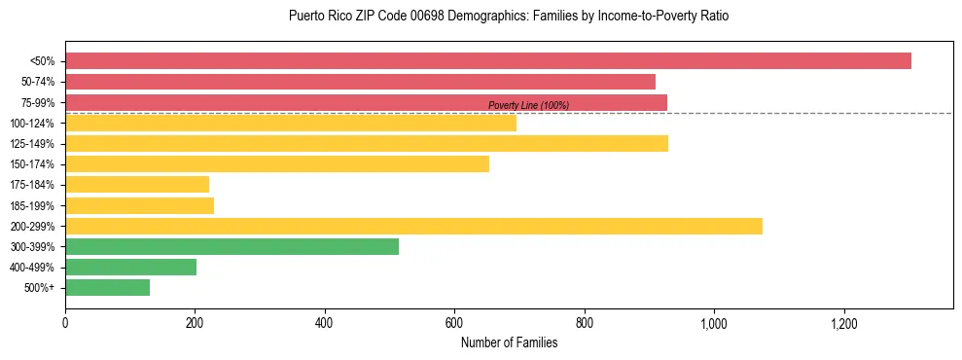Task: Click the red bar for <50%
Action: point(488,61)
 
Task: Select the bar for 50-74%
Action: point(360,82)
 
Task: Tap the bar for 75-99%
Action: point(366,102)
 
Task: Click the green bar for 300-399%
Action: point(232,247)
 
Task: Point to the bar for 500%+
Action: point(107,288)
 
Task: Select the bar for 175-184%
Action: point(137,185)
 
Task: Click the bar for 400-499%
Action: point(130,268)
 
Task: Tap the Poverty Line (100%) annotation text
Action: point(528,105)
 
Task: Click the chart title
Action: point(509,17)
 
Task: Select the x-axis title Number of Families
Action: point(509,342)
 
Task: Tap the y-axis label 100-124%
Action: point(32,124)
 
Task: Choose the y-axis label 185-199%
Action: point(32,206)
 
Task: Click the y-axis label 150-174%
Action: point(32,164)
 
